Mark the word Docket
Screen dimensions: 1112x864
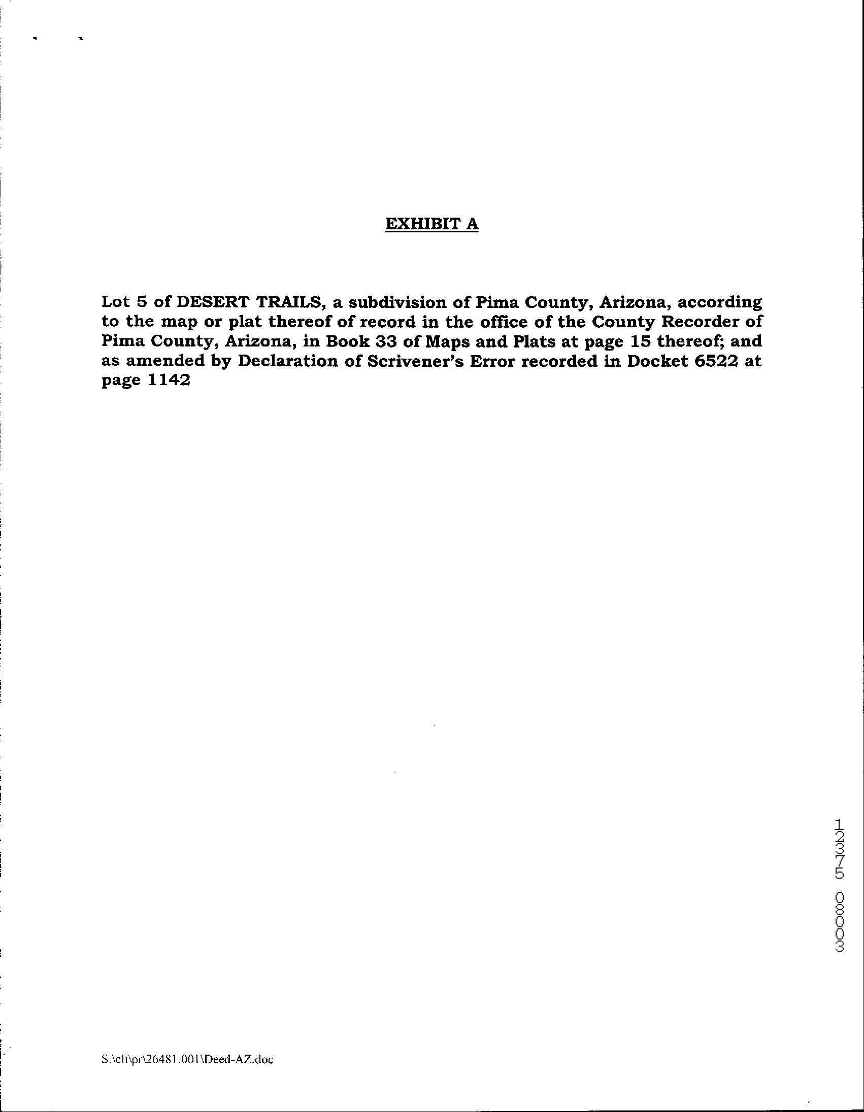click(x=656, y=361)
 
